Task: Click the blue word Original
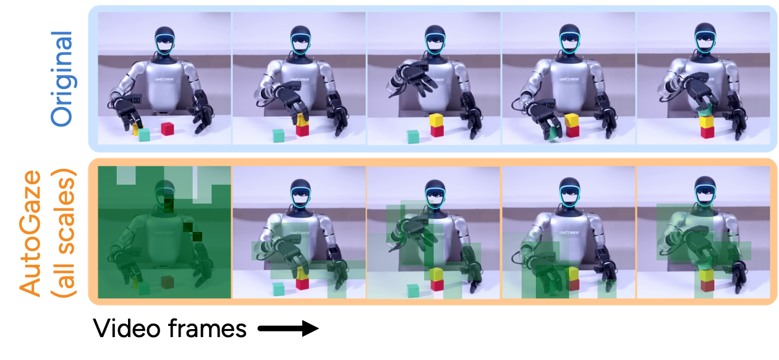[62, 79]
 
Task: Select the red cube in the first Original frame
[167, 129]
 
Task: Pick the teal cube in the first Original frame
[144, 134]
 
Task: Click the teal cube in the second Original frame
[279, 135]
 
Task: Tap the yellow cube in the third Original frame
[437, 119]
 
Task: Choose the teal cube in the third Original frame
[413, 136]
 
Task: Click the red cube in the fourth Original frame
[572, 131]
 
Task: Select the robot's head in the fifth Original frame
[704, 41]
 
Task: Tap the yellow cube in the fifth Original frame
[707, 121]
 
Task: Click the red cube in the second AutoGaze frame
[302, 284]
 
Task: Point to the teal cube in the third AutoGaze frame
[413, 290]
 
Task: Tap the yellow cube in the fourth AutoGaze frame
[572, 273]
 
